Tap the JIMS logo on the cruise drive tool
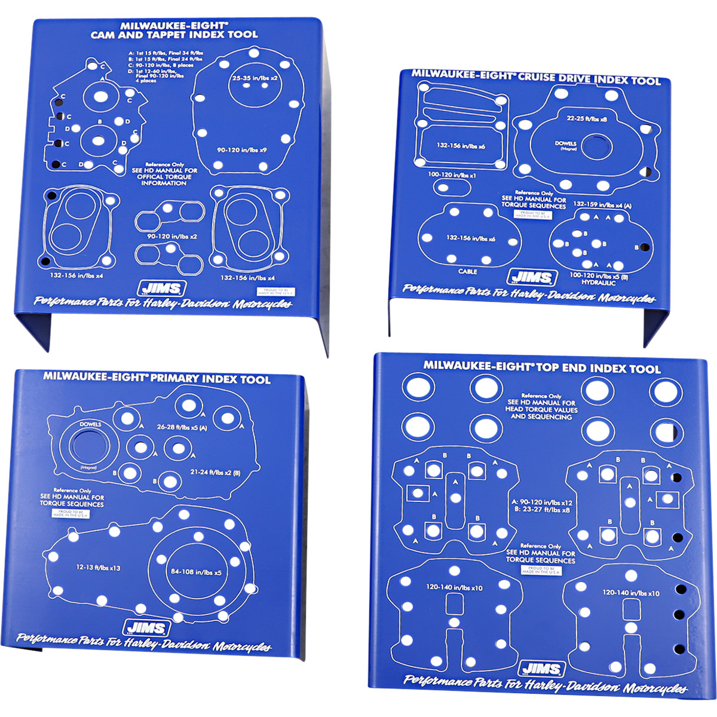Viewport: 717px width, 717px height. click(526, 277)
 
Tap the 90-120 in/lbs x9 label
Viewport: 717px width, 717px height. click(242, 150)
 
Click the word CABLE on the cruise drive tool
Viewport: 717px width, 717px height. click(468, 272)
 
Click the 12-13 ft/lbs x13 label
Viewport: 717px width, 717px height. click(99, 568)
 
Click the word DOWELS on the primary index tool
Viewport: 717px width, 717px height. click(88, 424)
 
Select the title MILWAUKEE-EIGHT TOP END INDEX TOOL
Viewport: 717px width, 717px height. click(542, 367)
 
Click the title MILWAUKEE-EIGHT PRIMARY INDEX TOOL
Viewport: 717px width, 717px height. click(157, 378)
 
